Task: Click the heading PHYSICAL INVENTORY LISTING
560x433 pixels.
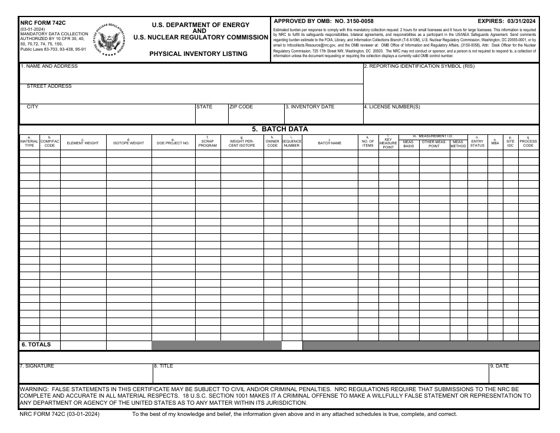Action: point(198,54)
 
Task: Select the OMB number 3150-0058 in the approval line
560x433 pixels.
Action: point(354,21)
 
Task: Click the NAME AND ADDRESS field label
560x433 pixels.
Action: point(50,67)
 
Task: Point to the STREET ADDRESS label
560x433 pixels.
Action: point(49,87)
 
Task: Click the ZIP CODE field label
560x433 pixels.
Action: point(241,107)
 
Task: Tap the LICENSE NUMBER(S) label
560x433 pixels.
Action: point(392,107)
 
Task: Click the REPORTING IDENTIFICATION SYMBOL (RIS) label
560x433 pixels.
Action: point(419,67)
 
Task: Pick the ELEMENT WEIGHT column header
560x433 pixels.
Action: point(83,143)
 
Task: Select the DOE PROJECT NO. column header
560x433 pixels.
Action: point(173,143)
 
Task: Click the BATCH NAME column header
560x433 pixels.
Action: point(330,143)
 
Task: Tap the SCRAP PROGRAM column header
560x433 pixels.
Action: point(207,143)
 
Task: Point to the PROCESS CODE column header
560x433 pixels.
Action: point(528,143)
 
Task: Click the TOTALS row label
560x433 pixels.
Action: point(37,345)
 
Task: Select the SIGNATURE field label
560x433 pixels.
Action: point(37,366)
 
